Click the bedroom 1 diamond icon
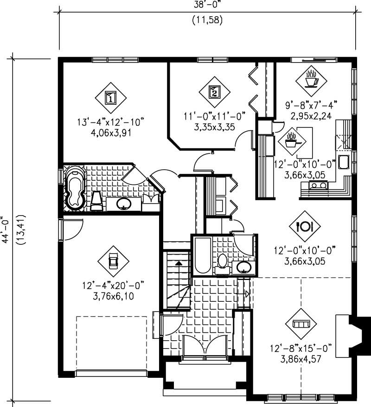click(x=110, y=97)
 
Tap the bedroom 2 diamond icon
click(x=214, y=92)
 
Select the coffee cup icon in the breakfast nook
click(x=311, y=79)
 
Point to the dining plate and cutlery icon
click(x=305, y=226)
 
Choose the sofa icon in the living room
click(x=301, y=323)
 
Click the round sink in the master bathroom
click(x=123, y=203)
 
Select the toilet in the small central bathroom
click(x=222, y=262)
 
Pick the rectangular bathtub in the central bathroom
click(x=203, y=256)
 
